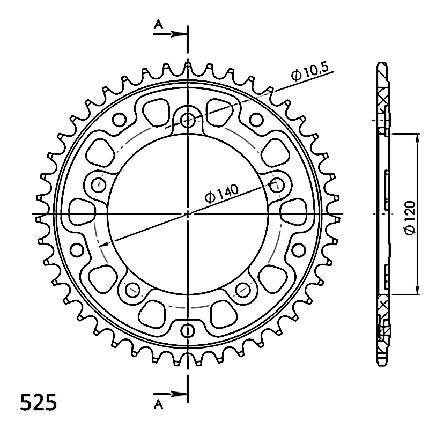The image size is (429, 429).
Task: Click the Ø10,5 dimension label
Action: click(x=309, y=72)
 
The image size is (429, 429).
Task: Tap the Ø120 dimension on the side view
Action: click(x=410, y=218)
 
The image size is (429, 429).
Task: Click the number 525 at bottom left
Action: click(x=39, y=402)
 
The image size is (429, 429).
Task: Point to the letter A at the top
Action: click(x=158, y=25)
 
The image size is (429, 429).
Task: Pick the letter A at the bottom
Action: click(x=158, y=404)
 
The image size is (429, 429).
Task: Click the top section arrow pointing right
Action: click(x=171, y=34)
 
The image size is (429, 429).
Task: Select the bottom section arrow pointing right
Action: click(x=171, y=394)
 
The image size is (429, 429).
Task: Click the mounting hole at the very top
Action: click(x=188, y=120)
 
